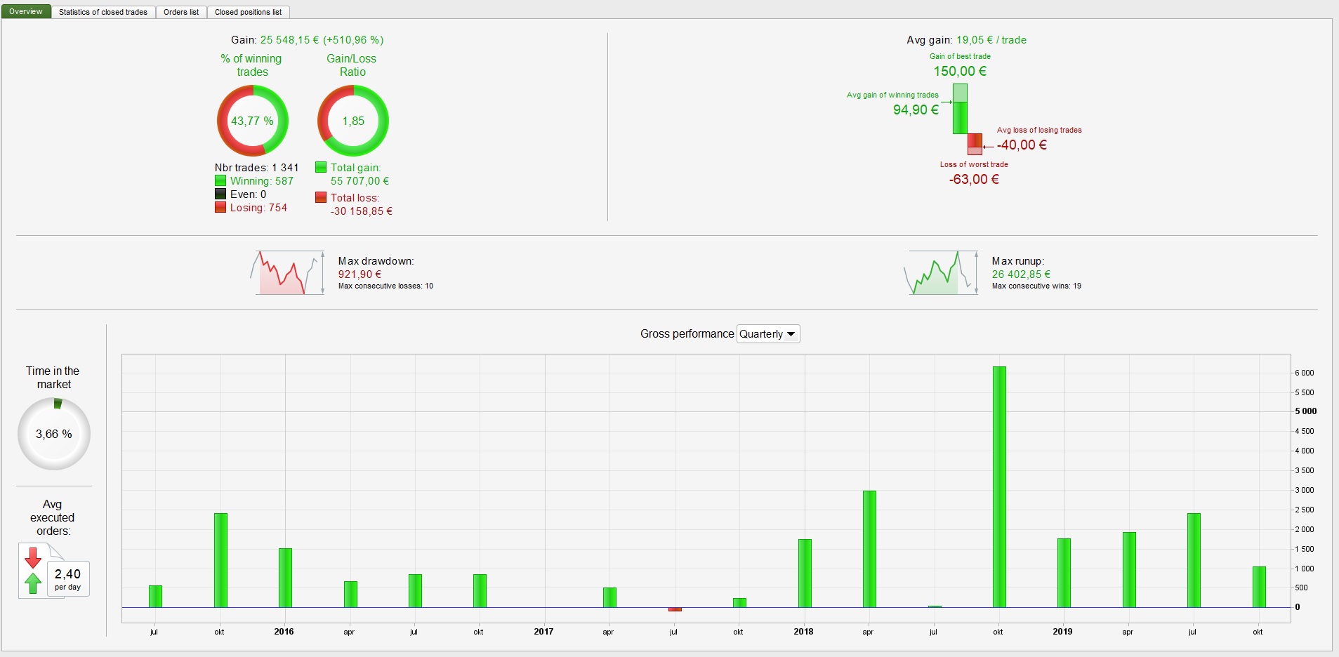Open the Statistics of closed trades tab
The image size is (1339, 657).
103,12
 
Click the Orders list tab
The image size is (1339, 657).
181,12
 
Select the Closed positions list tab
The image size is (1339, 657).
248,12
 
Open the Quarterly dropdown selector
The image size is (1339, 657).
768,334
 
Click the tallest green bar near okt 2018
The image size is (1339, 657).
999,486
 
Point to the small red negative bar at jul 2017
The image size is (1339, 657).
675,609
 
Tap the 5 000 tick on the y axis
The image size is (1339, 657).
1305,411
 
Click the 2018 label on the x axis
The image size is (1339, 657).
803,632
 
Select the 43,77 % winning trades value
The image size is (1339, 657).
252,121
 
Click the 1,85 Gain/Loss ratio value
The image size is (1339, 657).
353,121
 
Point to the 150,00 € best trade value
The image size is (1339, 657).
960,71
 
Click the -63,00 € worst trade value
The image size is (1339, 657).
974,179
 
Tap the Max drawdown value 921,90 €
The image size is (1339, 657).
360,274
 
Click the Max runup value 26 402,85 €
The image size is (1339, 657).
1021,274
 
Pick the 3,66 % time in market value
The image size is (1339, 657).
54,434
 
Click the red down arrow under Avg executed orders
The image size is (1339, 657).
32,557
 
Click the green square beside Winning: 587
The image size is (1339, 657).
220,181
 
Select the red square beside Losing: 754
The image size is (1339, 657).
220,208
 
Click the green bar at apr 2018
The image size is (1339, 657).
869,549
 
